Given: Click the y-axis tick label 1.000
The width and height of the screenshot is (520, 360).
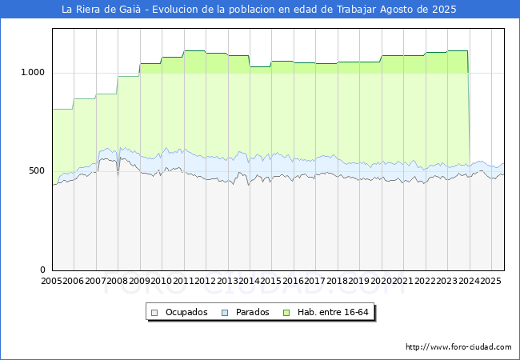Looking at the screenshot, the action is point(33,72).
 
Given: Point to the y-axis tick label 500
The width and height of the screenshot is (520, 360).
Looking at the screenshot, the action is point(37,170).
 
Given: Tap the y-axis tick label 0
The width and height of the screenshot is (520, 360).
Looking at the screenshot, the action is point(42,270).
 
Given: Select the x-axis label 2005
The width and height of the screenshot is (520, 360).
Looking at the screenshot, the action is point(51,281).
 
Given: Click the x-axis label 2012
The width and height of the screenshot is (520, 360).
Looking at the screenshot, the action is point(206,281).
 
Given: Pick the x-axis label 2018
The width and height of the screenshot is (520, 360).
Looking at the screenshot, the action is point(337,281).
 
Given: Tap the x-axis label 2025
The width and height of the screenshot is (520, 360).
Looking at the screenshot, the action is point(490,281).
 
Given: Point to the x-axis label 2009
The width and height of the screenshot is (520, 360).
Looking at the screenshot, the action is point(139,281).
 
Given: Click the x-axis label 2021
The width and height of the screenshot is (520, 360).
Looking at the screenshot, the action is point(402,281).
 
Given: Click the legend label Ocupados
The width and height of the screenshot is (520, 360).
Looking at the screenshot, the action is point(186,312).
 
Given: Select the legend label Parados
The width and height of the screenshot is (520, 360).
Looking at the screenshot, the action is point(252,312).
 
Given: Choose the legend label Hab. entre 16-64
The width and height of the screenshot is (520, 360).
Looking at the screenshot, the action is point(333,312).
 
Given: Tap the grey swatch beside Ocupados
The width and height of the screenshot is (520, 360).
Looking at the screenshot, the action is point(154,313).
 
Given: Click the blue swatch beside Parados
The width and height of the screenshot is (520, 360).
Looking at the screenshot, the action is point(225,313).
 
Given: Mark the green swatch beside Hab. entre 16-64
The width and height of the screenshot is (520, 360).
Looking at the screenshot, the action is point(286,313).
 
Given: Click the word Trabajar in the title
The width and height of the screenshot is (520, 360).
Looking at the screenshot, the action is point(357,10).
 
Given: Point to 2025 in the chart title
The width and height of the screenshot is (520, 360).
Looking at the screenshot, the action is point(444,10).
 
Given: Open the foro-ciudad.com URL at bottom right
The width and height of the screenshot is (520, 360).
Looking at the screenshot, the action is point(458,347).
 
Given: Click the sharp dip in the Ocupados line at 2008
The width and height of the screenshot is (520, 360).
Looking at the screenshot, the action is point(118,174).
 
